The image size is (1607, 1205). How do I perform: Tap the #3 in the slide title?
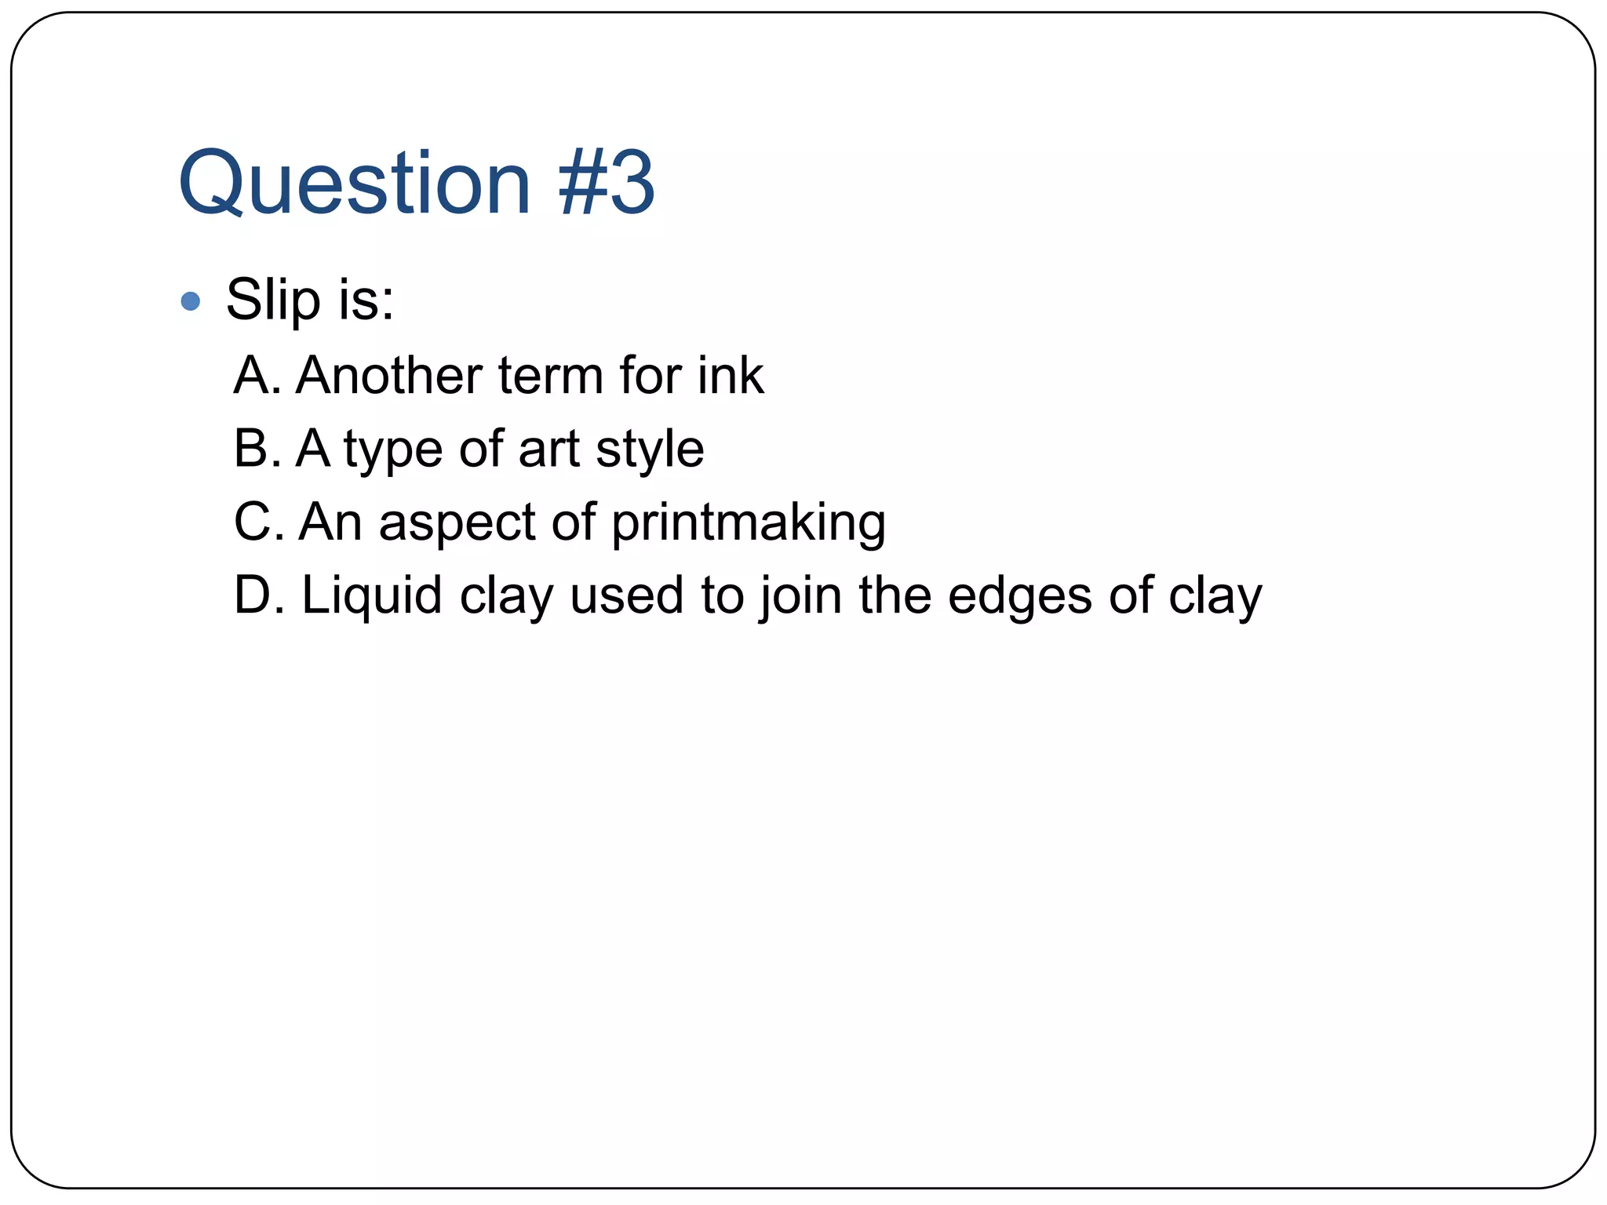(607, 183)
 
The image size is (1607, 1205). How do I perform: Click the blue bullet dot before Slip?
(191, 301)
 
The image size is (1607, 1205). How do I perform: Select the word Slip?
(274, 300)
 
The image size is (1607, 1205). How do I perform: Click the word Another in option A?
(389, 375)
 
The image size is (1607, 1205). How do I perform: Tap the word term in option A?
(549, 375)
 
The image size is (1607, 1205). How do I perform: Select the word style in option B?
(650, 450)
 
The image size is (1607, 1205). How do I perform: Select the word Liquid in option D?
(372, 596)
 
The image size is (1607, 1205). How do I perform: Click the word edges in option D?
(1020, 596)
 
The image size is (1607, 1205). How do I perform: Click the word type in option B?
(393, 450)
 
